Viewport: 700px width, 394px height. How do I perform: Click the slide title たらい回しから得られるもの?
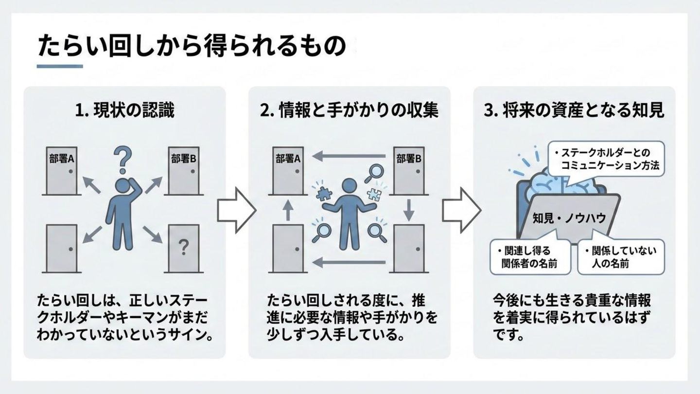tap(192, 47)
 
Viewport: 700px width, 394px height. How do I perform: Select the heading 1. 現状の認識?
tap(125, 111)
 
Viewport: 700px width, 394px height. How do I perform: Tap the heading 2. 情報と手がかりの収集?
tap(349, 111)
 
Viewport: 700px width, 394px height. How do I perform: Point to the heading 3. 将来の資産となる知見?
tap(574, 111)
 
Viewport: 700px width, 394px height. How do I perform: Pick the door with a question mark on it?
tap(183, 248)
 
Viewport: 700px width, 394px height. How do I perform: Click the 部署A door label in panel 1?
tap(61, 159)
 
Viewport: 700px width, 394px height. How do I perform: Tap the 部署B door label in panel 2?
tap(408, 159)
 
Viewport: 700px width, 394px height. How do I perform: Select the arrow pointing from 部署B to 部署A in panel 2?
tap(349, 157)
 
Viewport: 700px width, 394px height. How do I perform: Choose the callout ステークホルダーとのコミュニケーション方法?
tap(606, 159)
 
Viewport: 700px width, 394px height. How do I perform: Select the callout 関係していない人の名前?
tap(620, 257)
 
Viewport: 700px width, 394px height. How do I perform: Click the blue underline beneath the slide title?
tap(60, 67)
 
